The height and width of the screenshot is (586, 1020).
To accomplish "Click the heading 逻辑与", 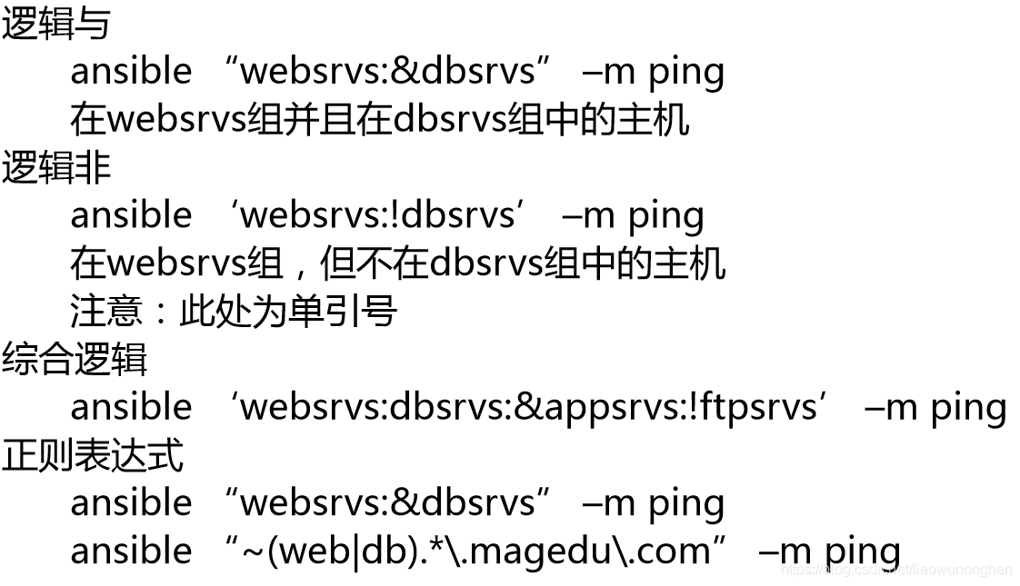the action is [55, 23].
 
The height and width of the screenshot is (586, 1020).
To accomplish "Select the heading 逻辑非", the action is [55, 167].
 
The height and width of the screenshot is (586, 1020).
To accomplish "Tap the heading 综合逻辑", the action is [74, 360].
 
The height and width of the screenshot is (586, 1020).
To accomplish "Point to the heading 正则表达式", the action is [92, 455].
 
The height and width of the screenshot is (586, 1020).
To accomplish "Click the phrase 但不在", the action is [374, 263].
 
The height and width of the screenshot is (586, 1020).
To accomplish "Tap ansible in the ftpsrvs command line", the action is [131, 407].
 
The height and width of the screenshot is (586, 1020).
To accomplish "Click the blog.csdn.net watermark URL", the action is [895, 570].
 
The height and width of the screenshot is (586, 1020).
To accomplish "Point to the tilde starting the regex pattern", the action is [254, 551].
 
